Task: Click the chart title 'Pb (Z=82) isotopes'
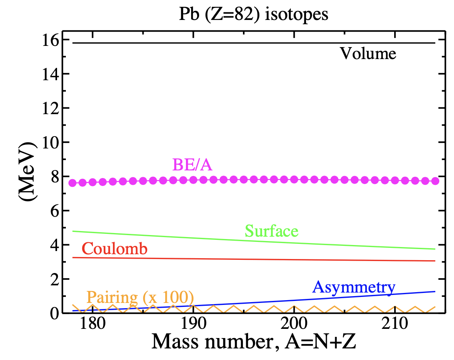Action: coord(253,15)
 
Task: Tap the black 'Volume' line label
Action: coord(368,53)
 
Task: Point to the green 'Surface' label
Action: coord(272,231)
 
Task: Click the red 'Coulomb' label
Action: coord(115,249)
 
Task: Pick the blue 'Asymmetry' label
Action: coord(354,287)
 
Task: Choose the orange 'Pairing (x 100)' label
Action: coord(140,297)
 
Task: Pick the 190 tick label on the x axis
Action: coord(193,324)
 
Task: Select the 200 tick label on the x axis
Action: coord(294,324)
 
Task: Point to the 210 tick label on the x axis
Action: coord(395,324)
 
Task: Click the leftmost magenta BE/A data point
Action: coord(73,183)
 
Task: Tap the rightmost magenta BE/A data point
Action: coord(435,181)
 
